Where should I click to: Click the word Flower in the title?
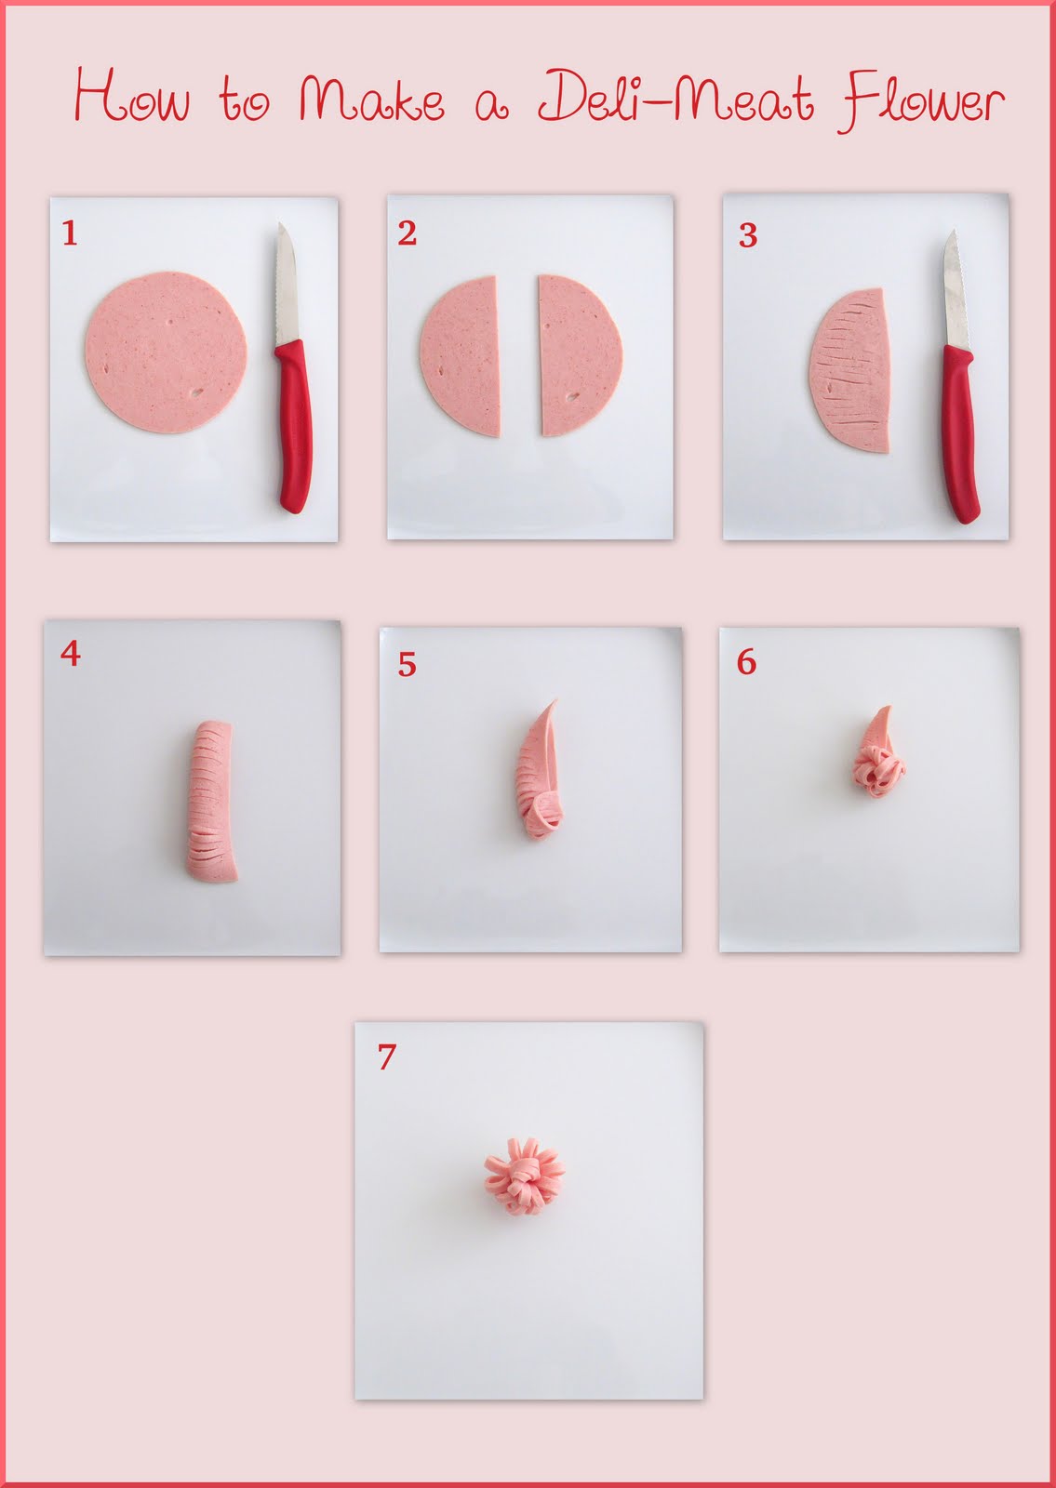tap(924, 100)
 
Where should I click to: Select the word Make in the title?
tap(370, 100)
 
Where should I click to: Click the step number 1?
tap(70, 232)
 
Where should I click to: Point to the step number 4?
tap(71, 654)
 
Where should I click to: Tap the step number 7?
tap(387, 1056)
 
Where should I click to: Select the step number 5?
tap(407, 664)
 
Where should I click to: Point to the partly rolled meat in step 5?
tap(539, 777)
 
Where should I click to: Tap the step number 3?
tap(747, 235)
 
